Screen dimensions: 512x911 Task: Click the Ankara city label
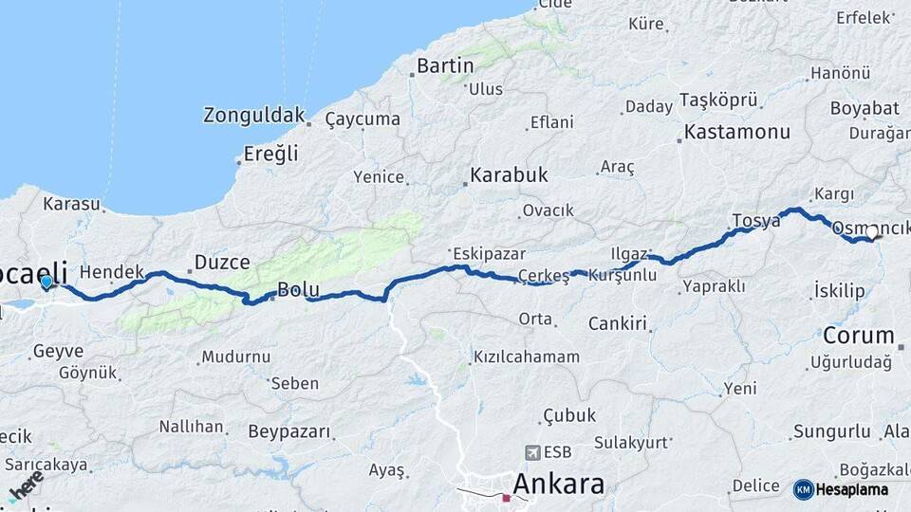point(558,484)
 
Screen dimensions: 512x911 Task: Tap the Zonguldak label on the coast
point(253,116)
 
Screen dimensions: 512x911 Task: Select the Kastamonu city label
point(736,133)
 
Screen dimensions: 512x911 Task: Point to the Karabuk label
point(509,175)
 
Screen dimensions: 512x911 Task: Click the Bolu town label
point(298,289)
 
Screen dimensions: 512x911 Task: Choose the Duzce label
point(221,262)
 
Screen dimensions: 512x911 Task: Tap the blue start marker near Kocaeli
point(46,281)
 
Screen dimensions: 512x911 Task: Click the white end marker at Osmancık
point(872,230)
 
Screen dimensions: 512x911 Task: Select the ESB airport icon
point(532,452)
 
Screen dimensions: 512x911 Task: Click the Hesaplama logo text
point(852,489)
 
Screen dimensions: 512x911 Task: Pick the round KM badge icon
point(803,489)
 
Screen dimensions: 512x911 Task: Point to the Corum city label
point(858,335)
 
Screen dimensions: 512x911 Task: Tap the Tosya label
point(756,221)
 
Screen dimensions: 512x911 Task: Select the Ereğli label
point(270,153)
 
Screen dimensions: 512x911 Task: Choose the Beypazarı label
point(289,431)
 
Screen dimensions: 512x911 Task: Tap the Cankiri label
point(617,323)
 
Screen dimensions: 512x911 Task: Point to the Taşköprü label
point(718,100)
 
